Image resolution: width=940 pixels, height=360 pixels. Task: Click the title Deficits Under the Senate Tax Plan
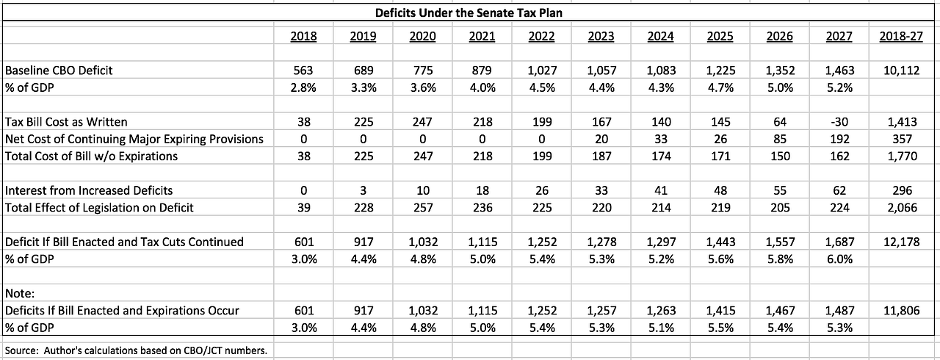pyautogui.click(x=469, y=12)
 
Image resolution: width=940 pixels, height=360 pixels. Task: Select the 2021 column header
pyautogui.click(x=482, y=37)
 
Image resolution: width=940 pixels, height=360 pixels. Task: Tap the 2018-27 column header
pyautogui.click(x=901, y=37)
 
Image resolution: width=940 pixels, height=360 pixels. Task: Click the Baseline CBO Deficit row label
pyautogui.click(x=59, y=70)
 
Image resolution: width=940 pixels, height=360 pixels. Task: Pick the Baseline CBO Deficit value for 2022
pyautogui.click(x=542, y=70)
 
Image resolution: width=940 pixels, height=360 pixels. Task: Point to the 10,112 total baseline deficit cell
pyautogui.click(x=901, y=70)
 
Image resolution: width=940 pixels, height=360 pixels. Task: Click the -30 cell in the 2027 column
pyautogui.click(x=839, y=122)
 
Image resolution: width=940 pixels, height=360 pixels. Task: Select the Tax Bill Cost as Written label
pyautogui.click(x=66, y=122)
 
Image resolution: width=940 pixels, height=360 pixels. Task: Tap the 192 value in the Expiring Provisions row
pyautogui.click(x=839, y=139)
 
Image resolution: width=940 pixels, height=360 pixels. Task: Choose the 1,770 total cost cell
pyautogui.click(x=902, y=156)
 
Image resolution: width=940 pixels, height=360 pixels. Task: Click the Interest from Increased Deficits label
pyautogui.click(x=89, y=190)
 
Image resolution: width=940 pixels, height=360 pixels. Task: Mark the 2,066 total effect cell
pyautogui.click(x=902, y=208)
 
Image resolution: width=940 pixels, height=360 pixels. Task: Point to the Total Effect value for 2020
pyautogui.click(x=422, y=208)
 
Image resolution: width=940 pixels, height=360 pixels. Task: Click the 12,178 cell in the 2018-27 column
pyautogui.click(x=901, y=242)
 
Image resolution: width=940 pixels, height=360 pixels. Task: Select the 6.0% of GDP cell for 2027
pyautogui.click(x=839, y=259)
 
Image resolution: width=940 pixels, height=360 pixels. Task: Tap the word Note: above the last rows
pyautogui.click(x=20, y=293)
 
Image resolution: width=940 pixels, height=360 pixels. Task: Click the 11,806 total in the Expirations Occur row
pyautogui.click(x=901, y=311)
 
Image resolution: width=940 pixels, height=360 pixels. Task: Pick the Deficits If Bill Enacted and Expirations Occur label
pyautogui.click(x=122, y=311)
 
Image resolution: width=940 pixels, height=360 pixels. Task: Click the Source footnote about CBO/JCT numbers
pyautogui.click(x=136, y=350)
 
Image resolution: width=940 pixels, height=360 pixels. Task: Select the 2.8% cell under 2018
pyautogui.click(x=303, y=87)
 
